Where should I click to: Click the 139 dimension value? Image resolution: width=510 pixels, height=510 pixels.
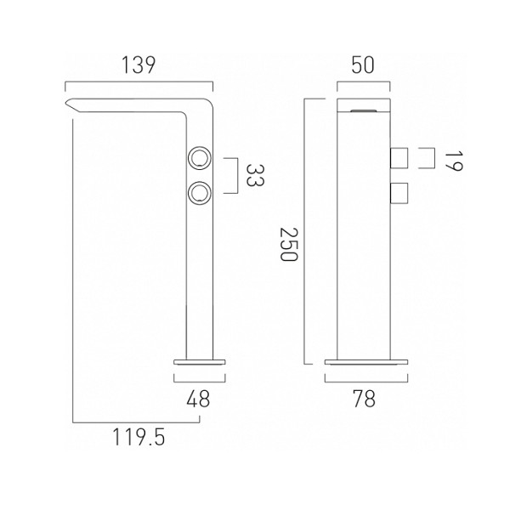point(139,65)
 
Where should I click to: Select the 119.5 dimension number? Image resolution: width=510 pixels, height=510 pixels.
point(139,437)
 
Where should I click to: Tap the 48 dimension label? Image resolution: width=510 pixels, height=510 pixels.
point(198,399)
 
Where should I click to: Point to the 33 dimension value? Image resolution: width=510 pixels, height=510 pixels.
point(255,175)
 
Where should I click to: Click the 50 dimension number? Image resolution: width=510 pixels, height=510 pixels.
point(363,65)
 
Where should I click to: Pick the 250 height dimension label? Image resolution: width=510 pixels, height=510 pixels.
point(289,244)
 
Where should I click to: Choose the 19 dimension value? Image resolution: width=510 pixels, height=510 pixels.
point(453,161)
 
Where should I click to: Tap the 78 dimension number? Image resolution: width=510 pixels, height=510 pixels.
point(365,399)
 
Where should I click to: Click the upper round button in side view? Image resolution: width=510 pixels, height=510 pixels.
point(200,158)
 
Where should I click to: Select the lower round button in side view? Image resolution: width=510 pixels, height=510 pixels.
point(200,194)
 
